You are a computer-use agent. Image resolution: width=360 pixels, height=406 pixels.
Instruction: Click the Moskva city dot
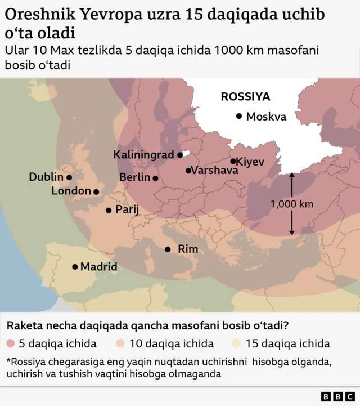click(x=239, y=116)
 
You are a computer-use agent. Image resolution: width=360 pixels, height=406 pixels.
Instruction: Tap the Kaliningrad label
click(x=145, y=154)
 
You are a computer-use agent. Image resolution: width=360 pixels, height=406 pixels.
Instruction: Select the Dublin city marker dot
click(x=69, y=177)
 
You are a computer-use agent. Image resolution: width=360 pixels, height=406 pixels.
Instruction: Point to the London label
click(x=71, y=191)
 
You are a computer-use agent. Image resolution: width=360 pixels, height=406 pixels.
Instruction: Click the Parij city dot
click(x=109, y=210)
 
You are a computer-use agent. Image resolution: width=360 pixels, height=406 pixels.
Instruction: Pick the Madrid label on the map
click(x=99, y=266)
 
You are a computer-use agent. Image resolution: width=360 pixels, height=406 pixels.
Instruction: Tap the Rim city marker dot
click(x=168, y=249)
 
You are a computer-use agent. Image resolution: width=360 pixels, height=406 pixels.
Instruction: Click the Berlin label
click(x=135, y=178)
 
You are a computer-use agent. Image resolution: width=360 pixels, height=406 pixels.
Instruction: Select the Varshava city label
click(x=211, y=170)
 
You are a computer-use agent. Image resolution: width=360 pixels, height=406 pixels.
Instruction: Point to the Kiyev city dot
click(x=233, y=161)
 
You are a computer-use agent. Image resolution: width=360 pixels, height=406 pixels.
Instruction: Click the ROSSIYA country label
click(x=245, y=96)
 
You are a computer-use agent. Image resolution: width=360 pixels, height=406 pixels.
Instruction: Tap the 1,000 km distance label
click(x=291, y=204)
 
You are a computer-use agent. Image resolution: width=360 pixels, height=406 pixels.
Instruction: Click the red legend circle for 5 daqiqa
click(x=11, y=343)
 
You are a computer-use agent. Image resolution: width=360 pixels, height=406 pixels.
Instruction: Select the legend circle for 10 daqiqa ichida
click(x=121, y=343)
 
